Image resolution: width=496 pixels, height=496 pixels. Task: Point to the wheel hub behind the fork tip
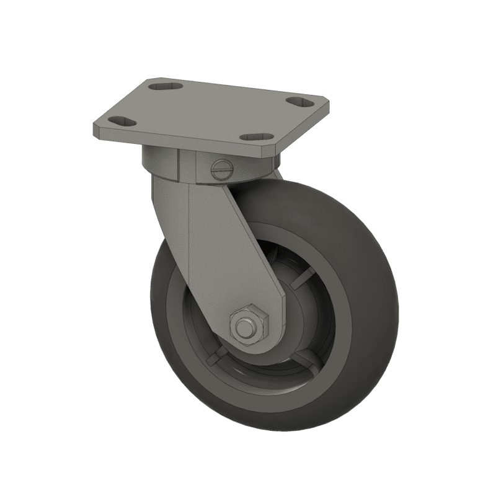291,322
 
